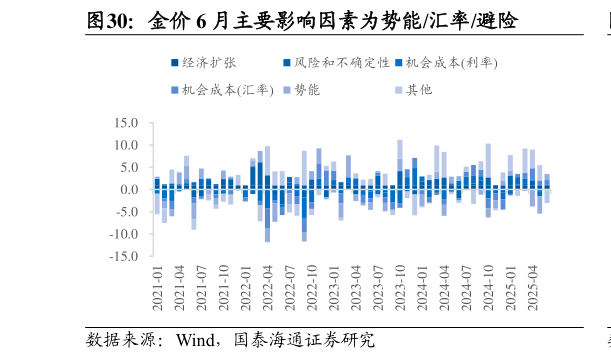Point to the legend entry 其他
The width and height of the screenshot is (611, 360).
pos(419,90)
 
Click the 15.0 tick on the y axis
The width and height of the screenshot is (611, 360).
pos(125,123)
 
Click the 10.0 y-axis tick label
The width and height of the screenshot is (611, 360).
pos(125,145)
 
